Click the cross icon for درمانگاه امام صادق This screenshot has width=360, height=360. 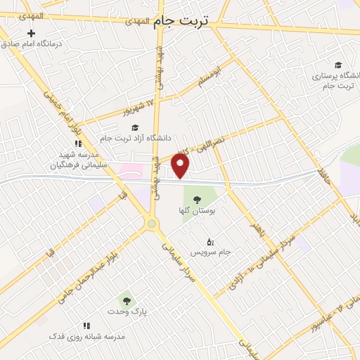31,33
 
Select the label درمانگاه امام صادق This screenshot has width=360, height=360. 31,44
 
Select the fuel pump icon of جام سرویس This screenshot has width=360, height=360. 211,242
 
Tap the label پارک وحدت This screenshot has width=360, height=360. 126,311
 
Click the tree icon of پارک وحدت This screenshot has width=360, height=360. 126,300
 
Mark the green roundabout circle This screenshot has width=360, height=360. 151,224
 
